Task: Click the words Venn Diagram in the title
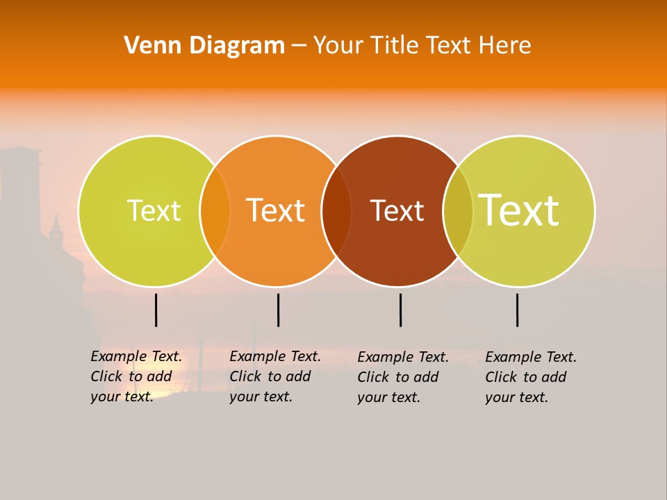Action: click(204, 46)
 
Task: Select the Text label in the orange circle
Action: click(276, 210)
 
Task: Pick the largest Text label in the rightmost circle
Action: click(519, 210)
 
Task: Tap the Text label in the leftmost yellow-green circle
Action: click(154, 210)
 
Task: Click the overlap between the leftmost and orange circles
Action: click(215, 210)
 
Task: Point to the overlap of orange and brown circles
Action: click(336, 210)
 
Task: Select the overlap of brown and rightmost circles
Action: click(458, 210)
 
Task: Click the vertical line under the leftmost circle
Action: click(156, 310)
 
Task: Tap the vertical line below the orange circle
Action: click(278, 310)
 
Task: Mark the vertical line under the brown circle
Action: click(400, 310)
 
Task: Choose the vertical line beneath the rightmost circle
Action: click(518, 310)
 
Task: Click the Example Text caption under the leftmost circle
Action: click(136, 376)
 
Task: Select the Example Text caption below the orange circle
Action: click(275, 376)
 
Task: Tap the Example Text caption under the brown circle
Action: click(403, 377)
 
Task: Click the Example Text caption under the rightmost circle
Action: click(531, 377)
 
